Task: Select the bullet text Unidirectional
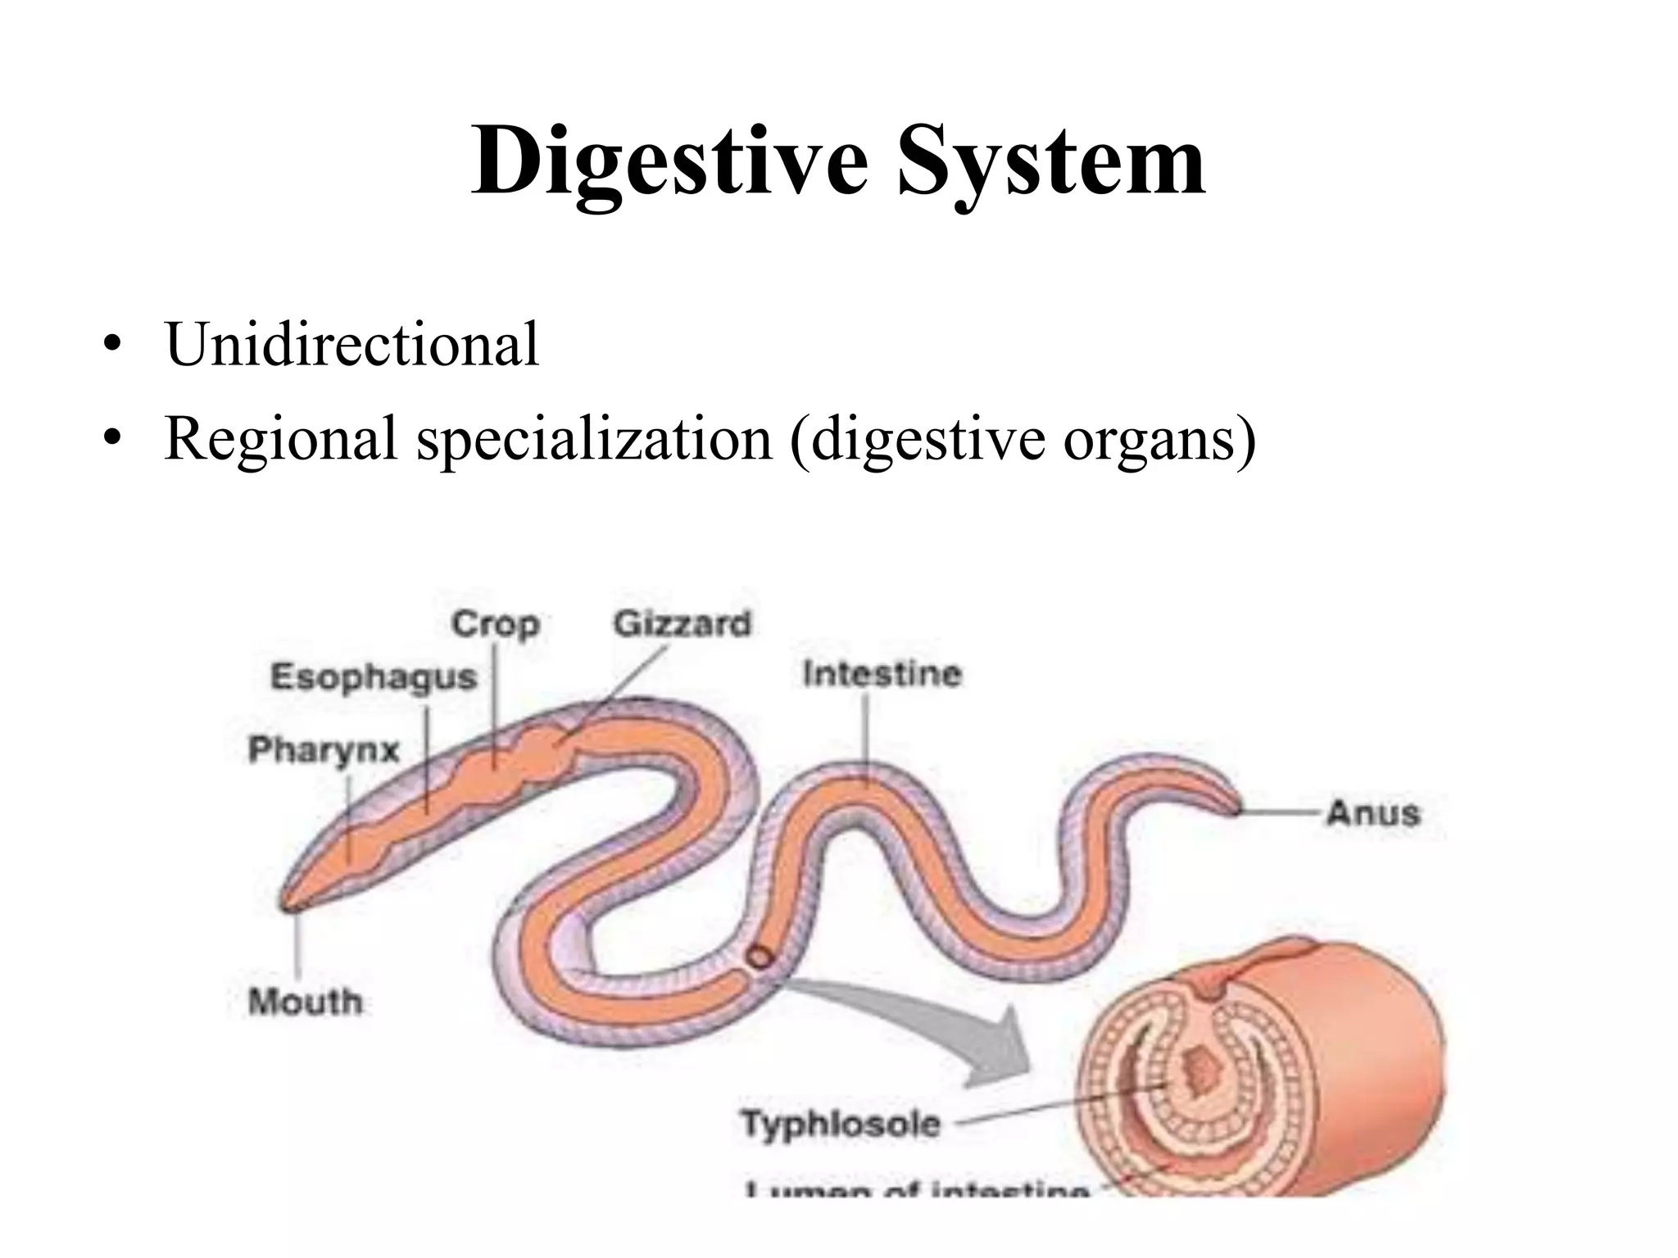352,344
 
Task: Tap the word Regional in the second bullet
281,438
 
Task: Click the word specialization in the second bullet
595,438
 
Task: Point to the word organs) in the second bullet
1159,438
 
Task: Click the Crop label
495,625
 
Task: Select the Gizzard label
682,624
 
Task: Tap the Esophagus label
374,677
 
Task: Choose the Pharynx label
324,749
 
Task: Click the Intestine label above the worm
882,674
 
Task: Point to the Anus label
1373,813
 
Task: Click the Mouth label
305,1001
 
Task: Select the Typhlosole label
841,1123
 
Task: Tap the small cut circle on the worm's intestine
760,957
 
